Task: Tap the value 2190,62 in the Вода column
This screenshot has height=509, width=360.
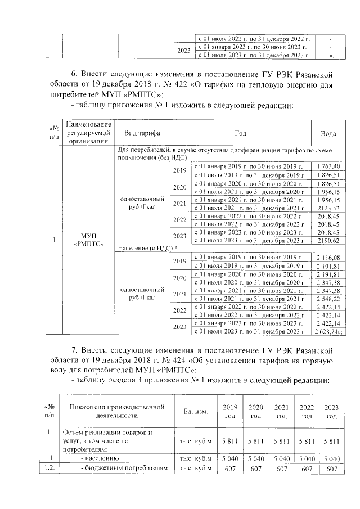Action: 328,240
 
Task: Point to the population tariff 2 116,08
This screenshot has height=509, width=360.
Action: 328,257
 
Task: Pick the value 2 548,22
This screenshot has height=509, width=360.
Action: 328,298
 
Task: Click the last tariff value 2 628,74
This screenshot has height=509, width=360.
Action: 330,332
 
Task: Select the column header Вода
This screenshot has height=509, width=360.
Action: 328,133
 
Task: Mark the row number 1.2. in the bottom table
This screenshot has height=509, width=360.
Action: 50,468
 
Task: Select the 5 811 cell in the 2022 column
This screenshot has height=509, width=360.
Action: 306,440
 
